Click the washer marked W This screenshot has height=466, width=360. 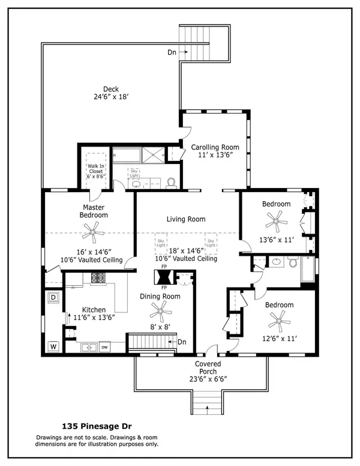coord(53,346)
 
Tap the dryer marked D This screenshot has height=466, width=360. coord(53,297)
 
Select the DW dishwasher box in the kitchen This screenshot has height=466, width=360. coord(104,347)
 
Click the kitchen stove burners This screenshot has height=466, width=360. coord(98,277)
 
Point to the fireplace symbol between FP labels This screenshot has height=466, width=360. coord(164,277)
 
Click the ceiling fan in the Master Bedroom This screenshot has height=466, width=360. coord(92,232)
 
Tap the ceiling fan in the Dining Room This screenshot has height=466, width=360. coord(160,312)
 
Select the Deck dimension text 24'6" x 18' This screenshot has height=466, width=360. coord(111,97)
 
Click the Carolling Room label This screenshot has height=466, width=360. coord(215,147)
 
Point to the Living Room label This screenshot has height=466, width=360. coord(186,219)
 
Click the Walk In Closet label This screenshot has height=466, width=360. coord(96,169)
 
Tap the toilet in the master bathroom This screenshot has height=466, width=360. coord(171,183)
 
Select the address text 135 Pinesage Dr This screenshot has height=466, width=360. coord(97,426)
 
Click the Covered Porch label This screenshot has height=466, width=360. coord(208,368)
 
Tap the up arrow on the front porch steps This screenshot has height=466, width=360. coord(207,409)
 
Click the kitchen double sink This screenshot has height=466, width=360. coord(89,347)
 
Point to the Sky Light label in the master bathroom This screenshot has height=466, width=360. coord(134,174)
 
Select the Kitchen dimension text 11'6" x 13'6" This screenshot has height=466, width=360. coord(94,318)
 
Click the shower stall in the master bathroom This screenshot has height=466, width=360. coord(153,155)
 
